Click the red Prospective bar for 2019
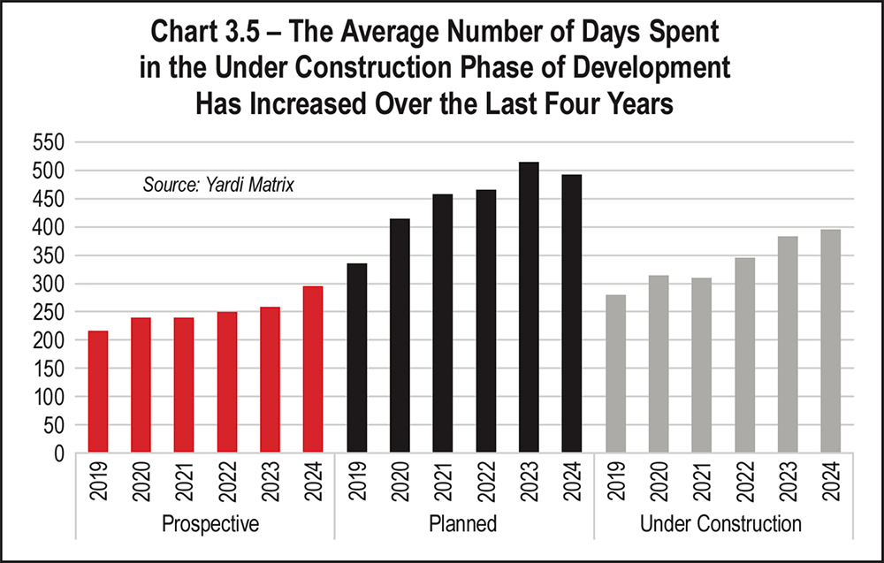click(x=97, y=392)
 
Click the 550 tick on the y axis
click(x=50, y=142)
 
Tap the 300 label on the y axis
click(x=50, y=285)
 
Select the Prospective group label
click(x=210, y=524)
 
